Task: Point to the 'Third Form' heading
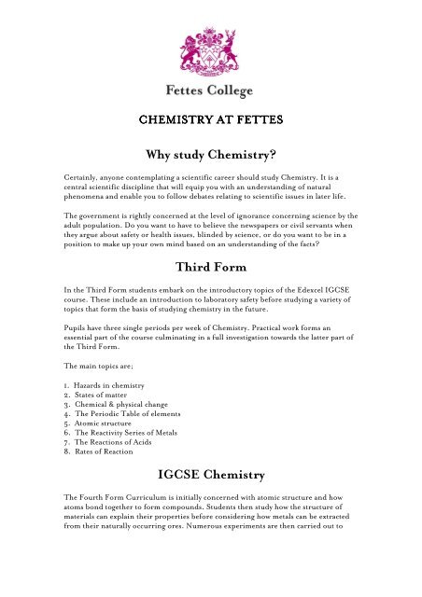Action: [211, 271]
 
